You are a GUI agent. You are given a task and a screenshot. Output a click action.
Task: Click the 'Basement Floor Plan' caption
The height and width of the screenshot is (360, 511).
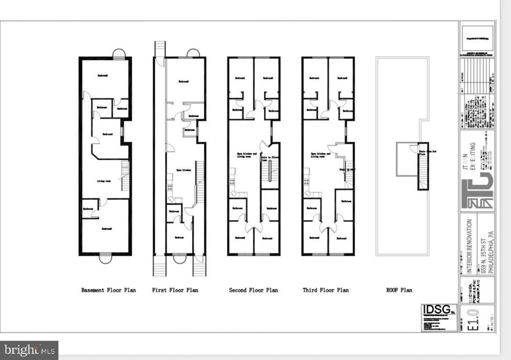click(106, 290)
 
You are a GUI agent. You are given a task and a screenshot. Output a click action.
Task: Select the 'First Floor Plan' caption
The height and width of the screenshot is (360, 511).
click(175, 290)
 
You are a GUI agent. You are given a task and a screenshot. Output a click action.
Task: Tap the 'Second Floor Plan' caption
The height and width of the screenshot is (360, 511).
click(253, 290)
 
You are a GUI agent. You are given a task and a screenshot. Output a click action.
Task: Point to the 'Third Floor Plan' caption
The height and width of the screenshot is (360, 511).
click(326, 290)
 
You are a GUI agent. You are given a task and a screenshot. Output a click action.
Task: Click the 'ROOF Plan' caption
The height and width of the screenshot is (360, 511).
click(399, 290)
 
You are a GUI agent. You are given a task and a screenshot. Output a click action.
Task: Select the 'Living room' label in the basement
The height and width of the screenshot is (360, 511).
click(104, 181)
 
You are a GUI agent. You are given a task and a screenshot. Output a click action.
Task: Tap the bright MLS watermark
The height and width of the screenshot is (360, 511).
click(29, 350)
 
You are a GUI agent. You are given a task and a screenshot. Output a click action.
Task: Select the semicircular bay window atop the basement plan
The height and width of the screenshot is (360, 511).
click(119, 53)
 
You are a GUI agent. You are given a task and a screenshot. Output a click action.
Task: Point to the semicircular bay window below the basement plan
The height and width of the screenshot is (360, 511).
click(105, 259)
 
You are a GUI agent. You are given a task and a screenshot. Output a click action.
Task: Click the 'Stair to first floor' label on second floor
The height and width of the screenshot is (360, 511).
click(269, 159)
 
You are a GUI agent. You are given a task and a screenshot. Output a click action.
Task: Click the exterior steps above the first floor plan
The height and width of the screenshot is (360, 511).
click(160, 49)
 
